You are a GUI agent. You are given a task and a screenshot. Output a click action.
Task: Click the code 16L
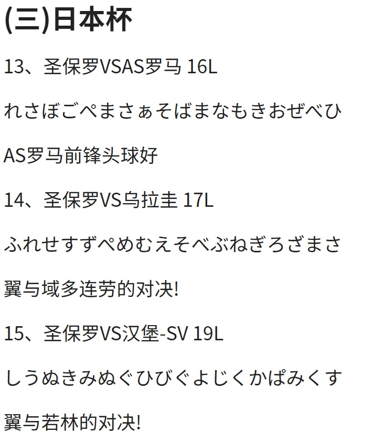201,68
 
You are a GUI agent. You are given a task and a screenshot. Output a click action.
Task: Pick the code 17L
198,201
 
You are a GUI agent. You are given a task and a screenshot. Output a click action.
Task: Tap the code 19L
208,334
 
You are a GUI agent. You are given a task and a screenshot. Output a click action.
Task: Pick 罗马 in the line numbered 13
163,68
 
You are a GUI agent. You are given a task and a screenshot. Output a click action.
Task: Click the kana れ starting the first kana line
13,112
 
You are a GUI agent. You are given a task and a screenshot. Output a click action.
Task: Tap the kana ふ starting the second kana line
13,245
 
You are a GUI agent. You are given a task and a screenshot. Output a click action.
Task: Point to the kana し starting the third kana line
13,378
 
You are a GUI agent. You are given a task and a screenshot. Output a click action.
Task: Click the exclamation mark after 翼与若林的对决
138,422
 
